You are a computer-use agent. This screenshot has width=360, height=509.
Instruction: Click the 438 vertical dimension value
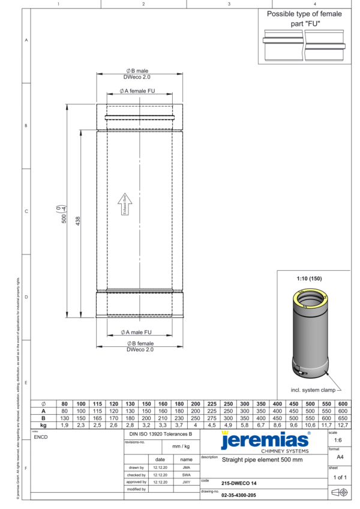pos(77,221)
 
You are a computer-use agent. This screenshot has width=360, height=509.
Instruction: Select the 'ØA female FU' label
pos(140,91)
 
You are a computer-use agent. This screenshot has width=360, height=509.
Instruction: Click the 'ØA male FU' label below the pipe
pos(139,331)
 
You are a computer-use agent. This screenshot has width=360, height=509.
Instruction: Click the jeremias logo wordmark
pos(265,441)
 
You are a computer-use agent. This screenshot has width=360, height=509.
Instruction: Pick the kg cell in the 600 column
pos(343,424)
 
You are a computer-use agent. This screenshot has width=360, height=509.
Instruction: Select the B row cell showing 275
pos(212,417)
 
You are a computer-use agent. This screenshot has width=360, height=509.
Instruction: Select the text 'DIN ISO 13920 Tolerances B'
pos(161,433)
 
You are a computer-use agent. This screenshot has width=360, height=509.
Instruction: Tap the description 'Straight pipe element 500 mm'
pos(262,460)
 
